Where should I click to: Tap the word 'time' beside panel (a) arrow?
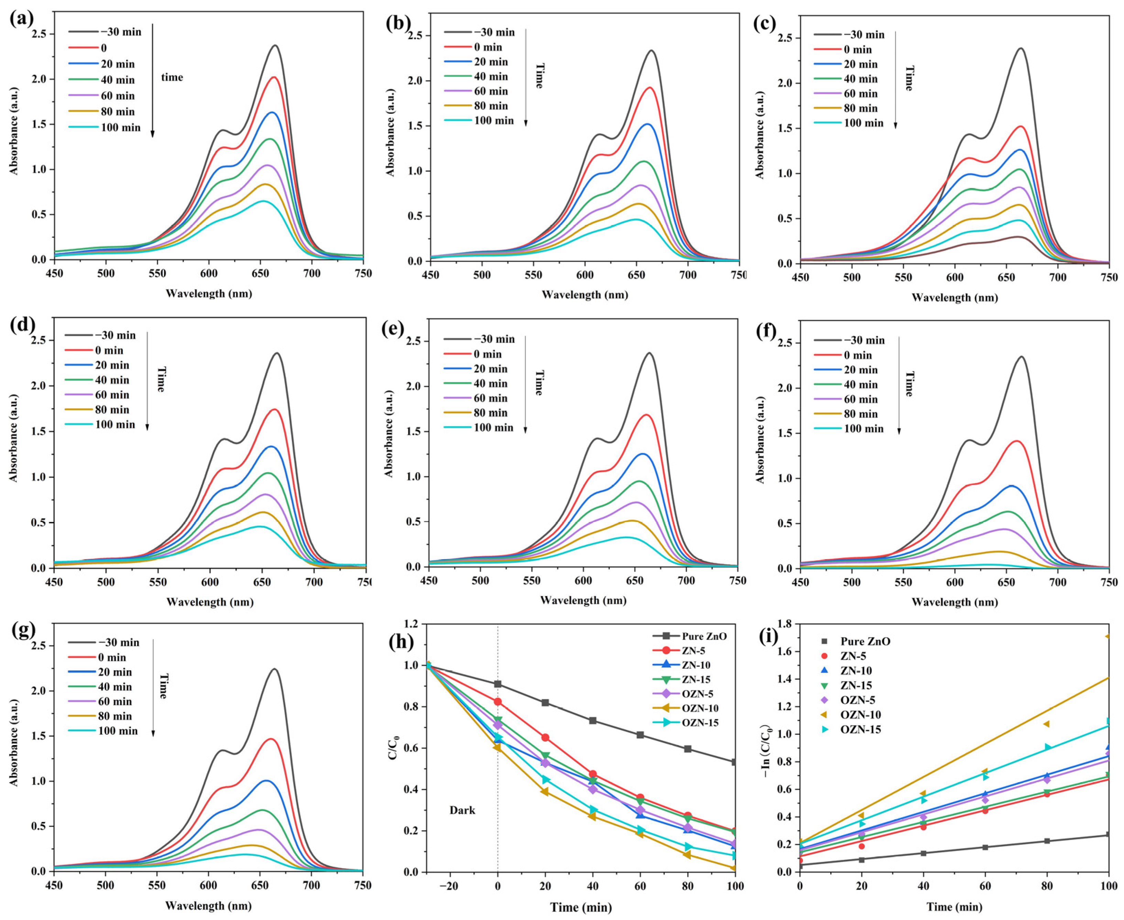[172, 77]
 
